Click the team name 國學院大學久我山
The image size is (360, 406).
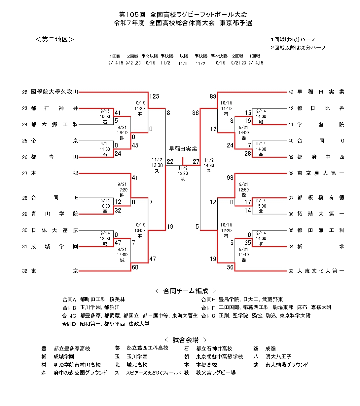tap(54, 92)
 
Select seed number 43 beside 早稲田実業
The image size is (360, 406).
tap(291, 92)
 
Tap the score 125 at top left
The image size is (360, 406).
tap(154, 97)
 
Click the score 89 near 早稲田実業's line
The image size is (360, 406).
tap(213, 97)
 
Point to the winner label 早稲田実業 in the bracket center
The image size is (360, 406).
tap(183, 149)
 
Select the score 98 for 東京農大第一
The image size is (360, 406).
tap(230, 178)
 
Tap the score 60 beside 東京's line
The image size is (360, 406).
tap(135, 267)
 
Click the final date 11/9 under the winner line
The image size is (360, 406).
tap(183, 168)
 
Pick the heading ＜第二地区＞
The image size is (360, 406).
tap(55, 39)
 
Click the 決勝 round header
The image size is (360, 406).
tap(184, 56)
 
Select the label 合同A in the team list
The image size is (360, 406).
tap(69, 300)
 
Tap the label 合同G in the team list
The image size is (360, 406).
tap(208, 316)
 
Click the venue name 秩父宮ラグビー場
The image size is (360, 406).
tap(215, 373)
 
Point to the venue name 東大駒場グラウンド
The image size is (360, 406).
tap(287, 365)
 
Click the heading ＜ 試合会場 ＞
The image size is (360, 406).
tap(185, 340)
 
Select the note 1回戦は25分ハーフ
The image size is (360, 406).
tap(293, 39)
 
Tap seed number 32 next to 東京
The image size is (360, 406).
tap(25, 271)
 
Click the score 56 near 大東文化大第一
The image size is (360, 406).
tap(230, 267)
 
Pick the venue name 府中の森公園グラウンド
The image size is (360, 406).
tap(80, 373)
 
